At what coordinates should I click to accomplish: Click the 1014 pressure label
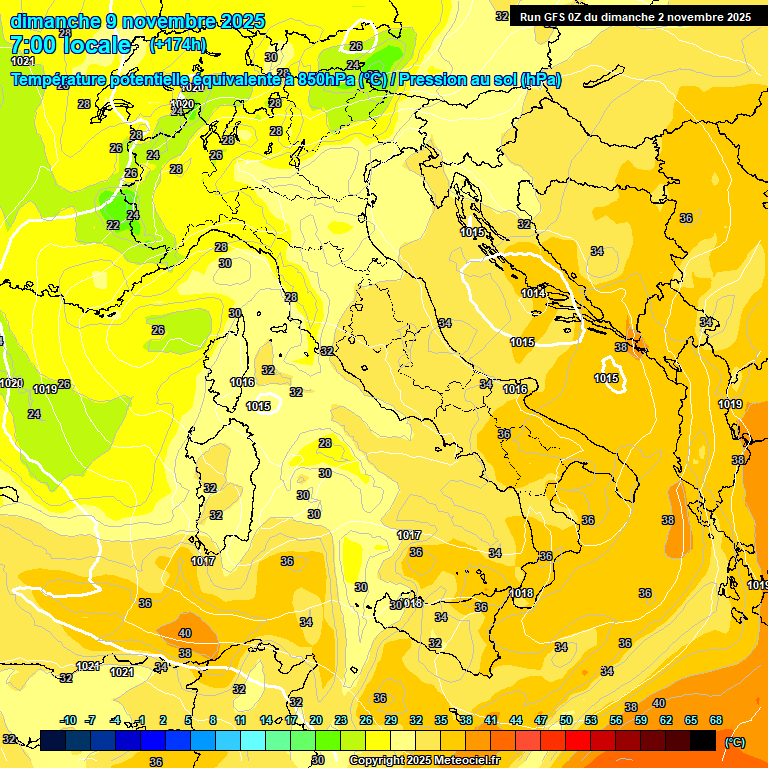pos(533,293)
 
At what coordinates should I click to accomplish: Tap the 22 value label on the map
pos(113,225)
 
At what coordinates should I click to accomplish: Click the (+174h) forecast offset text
pos(177,45)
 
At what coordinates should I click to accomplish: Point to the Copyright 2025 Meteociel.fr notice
pos(423,760)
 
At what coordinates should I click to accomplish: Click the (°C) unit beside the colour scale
pos(734,742)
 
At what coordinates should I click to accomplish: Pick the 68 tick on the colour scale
pos(716,720)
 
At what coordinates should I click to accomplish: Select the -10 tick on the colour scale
pos(68,720)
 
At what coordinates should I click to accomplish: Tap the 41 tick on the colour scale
pos(491,720)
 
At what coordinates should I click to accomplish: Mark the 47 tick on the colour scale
pos(541,720)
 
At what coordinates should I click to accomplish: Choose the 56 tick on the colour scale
pos(616,720)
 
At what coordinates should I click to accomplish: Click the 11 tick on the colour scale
pos(239,720)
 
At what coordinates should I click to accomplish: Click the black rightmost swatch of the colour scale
pos(703,740)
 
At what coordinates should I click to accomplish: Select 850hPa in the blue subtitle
pos(326,79)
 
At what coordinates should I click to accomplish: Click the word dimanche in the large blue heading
pos(55,21)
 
